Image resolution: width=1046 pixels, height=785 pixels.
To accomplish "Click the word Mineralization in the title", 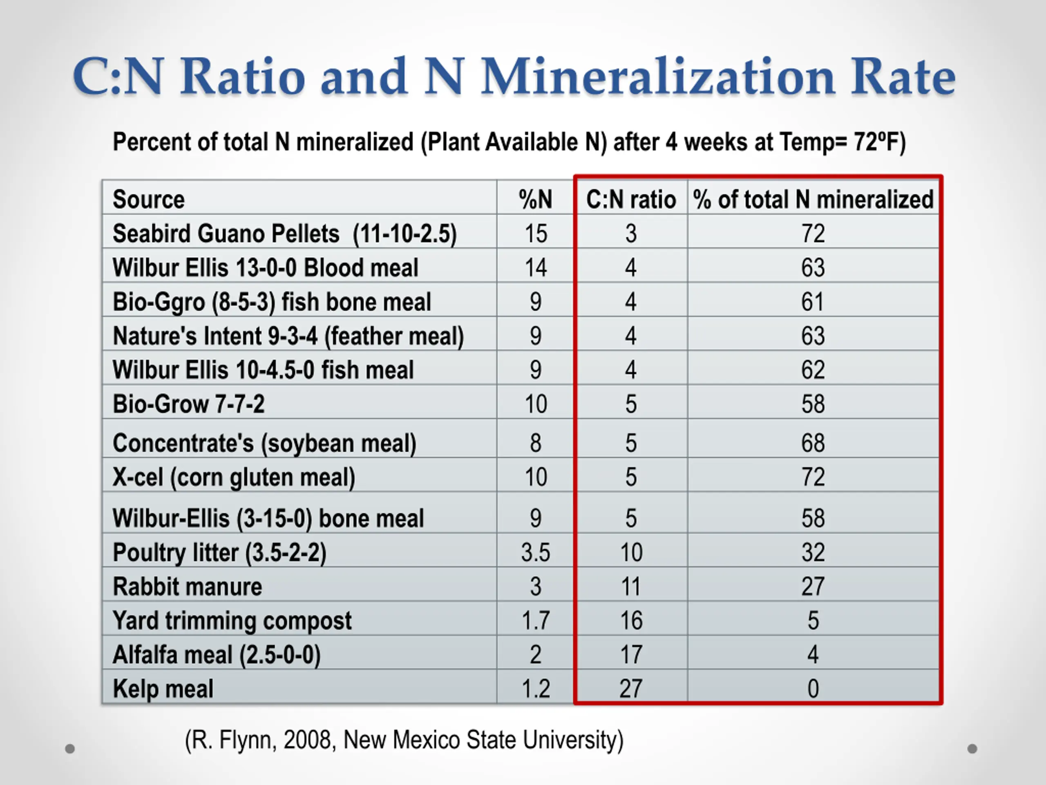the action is (x=657, y=76).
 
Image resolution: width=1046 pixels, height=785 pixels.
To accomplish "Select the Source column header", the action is (x=148, y=199).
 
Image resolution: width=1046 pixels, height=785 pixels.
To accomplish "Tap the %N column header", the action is (x=535, y=199).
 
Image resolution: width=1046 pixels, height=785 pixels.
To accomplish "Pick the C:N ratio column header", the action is (x=631, y=199).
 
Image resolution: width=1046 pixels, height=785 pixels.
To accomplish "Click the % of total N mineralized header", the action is (x=813, y=199).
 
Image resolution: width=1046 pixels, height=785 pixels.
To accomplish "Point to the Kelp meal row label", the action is (x=163, y=689).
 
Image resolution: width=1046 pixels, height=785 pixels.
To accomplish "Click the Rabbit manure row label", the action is (x=187, y=586).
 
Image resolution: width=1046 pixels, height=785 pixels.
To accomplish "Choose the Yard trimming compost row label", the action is (x=232, y=621).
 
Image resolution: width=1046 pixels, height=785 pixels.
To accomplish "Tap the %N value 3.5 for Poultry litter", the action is (x=535, y=552).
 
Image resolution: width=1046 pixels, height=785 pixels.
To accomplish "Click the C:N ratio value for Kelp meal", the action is (x=631, y=689).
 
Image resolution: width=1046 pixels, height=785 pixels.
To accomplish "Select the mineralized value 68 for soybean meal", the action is (x=813, y=443).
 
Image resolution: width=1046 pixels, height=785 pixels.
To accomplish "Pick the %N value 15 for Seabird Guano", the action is (x=535, y=234).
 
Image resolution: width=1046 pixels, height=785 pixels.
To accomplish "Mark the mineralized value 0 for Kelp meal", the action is (x=813, y=689).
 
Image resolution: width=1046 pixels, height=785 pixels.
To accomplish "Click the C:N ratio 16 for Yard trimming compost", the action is (x=631, y=620).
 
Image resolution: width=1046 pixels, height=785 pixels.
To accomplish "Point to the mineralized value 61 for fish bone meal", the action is (x=812, y=302).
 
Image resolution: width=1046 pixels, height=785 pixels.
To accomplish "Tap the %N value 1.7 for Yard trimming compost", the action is (x=535, y=620).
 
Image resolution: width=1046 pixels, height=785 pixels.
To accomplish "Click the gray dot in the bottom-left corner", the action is (x=70, y=749).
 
